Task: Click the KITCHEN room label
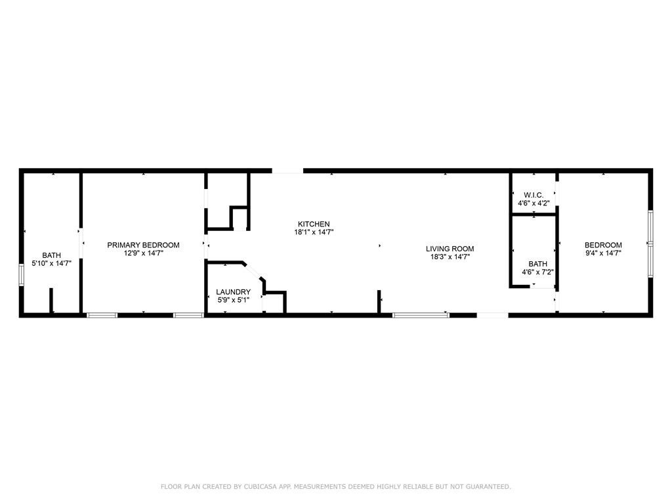(x=314, y=224)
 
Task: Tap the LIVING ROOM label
(x=450, y=249)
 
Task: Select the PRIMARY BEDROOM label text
(x=143, y=245)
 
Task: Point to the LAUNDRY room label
(x=233, y=292)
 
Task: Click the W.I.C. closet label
(x=534, y=196)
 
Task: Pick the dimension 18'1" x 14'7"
(x=314, y=232)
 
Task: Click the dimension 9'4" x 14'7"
(x=604, y=253)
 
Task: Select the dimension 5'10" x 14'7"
(x=51, y=264)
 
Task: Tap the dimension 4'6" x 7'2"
(x=538, y=272)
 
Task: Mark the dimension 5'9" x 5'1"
(x=233, y=301)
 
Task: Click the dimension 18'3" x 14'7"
(x=450, y=257)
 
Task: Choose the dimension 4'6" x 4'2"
(x=534, y=203)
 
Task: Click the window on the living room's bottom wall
(x=421, y=315)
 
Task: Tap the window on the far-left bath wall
(x=21, y=275)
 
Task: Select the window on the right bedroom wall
(x=650, y=244)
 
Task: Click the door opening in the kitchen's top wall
(x=287, y=171)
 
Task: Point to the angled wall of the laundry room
(x=254, y=272)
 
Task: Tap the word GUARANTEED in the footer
(x=488, y=486)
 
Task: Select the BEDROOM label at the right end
(x=604, y=245)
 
